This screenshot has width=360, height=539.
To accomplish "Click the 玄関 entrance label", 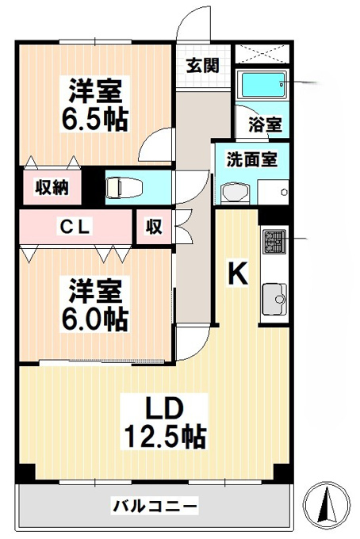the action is click(x=202, y=65).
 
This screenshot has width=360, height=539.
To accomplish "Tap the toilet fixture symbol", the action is click(x=124, y=188).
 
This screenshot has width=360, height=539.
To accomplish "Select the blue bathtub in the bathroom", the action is click(x=264, y=85).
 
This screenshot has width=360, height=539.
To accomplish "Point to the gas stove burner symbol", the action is click(x=274, y=241).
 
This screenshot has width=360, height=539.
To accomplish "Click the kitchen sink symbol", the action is click(x=274, y=299).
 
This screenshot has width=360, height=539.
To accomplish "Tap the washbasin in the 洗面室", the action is click(x=236, y=194).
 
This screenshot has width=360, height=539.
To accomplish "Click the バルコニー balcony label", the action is click(x=155, y=506).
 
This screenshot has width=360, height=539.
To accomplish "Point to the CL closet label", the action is click(x=75, y=227).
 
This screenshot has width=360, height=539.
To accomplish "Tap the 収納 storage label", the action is click(x=52, y=187).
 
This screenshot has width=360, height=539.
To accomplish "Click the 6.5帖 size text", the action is click(x=95, y=119).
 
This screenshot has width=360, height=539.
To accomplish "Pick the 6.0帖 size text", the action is click(x=95, y=319).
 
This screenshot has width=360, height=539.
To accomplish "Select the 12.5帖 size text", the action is click(x=165, y=437).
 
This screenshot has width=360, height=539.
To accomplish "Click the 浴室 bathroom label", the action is click(x=265, y=124).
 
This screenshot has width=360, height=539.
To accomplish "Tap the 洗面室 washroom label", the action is click(x=251, y=159).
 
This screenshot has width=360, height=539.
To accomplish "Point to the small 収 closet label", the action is click(x=154, y=227).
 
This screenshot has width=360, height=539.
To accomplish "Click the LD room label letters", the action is click(x=164, y=409).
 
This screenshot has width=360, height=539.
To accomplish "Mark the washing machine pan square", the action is click(x=274, y=192).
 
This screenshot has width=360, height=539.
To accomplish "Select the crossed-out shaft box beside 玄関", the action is click(x=262, y=53).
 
